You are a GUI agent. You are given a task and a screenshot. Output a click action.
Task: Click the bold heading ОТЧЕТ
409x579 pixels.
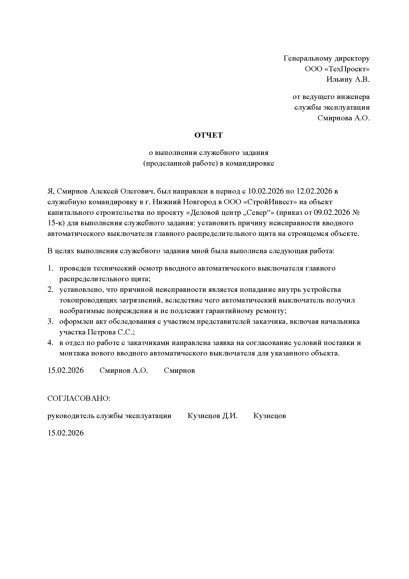208,135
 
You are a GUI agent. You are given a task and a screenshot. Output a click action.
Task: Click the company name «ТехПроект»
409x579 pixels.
347,69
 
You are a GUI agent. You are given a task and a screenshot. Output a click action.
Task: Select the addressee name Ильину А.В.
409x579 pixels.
348,80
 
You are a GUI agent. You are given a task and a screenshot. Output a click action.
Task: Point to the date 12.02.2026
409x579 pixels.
314,191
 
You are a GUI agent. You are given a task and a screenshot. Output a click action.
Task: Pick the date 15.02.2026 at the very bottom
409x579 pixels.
66,433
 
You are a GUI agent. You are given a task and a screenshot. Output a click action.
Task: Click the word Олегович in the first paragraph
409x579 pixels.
136,191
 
